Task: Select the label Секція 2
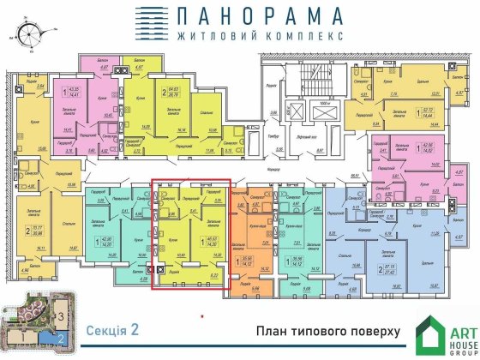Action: pos(112,329)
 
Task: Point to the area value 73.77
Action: pos(38,228)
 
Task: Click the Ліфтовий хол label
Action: pos(303,112)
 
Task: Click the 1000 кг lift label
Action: pos(322,101)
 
